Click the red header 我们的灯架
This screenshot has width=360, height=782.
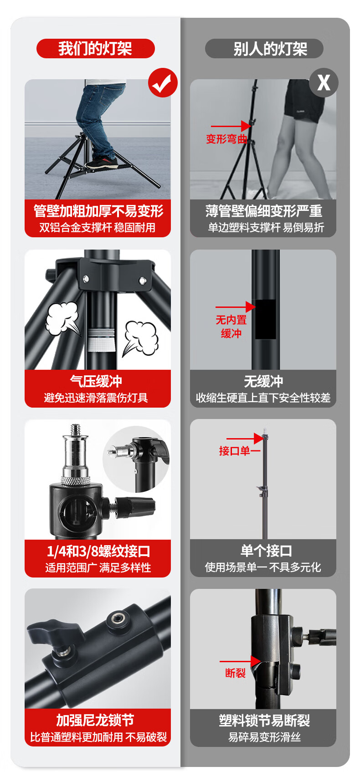pos(95,48)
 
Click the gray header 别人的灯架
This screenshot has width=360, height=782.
pos(264,49)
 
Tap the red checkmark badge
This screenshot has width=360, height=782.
pos(163,82)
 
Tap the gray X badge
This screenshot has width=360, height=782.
pos(324,82)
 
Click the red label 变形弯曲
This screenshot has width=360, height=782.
pos(226,139)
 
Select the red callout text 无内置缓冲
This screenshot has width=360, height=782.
pos(231,327)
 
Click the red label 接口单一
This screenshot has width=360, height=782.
pos(240,451)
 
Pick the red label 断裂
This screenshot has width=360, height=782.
pos(236,673)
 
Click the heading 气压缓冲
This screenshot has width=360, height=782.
pos(96,381)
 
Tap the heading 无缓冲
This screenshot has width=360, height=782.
pos(263,381)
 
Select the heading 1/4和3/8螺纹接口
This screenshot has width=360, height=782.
pos(98,551)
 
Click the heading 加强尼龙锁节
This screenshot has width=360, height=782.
pos(95,720)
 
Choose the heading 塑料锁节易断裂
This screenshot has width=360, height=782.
pos(264,721)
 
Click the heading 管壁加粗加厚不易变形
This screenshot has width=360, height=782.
pos(98,211)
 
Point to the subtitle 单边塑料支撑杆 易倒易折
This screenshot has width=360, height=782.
pos(266,227)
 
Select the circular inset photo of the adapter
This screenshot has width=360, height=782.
pos(136,459)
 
